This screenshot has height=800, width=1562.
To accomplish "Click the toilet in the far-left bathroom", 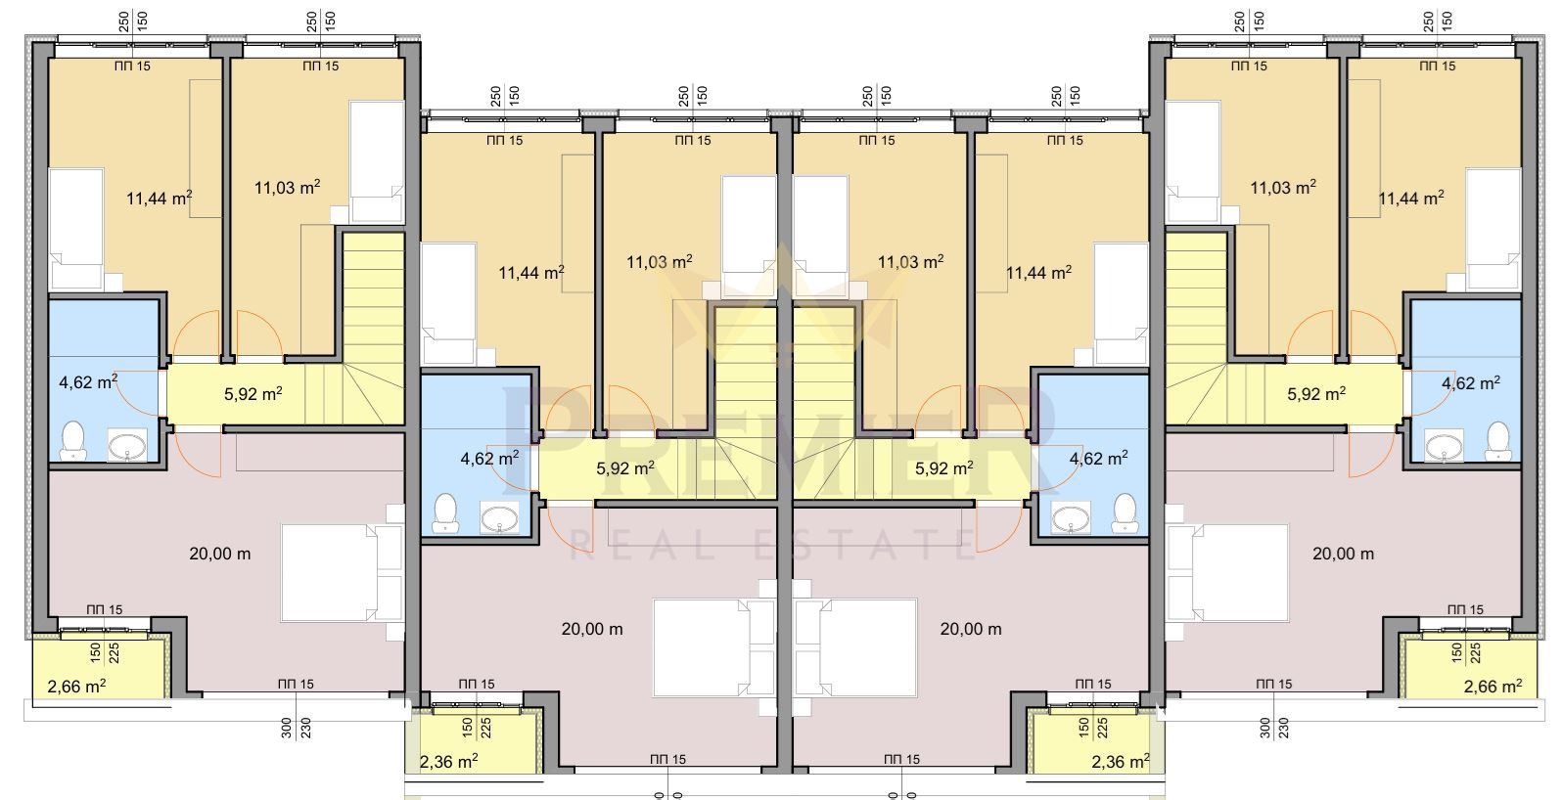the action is click(71, 440).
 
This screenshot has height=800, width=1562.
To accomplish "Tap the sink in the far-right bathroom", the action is click(1443, 446).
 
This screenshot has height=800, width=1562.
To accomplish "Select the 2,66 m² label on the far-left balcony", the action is click(76, 687).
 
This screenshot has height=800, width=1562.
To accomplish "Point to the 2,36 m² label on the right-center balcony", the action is click(1120, 761).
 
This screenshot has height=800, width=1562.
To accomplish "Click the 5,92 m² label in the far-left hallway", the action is click(253, 394).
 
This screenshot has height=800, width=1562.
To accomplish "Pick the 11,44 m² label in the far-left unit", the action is click(159, 198).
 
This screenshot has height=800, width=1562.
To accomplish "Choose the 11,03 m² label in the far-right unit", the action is click(1283, 187).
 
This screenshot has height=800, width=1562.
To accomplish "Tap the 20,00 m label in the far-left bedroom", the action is click(219, 554).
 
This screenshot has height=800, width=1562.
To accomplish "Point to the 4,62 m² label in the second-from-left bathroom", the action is click(489, 459).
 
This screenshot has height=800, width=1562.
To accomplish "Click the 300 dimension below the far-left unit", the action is click(286, 729).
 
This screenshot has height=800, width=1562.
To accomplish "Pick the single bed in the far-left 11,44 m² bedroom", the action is click(76, 229).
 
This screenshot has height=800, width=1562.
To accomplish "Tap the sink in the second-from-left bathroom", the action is click(499, 520).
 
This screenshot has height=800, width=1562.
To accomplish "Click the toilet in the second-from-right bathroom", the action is click(1125, 513).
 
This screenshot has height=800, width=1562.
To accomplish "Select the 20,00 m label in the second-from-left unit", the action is click(592, 629).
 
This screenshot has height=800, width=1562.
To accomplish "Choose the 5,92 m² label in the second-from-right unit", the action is click(944, 469).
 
